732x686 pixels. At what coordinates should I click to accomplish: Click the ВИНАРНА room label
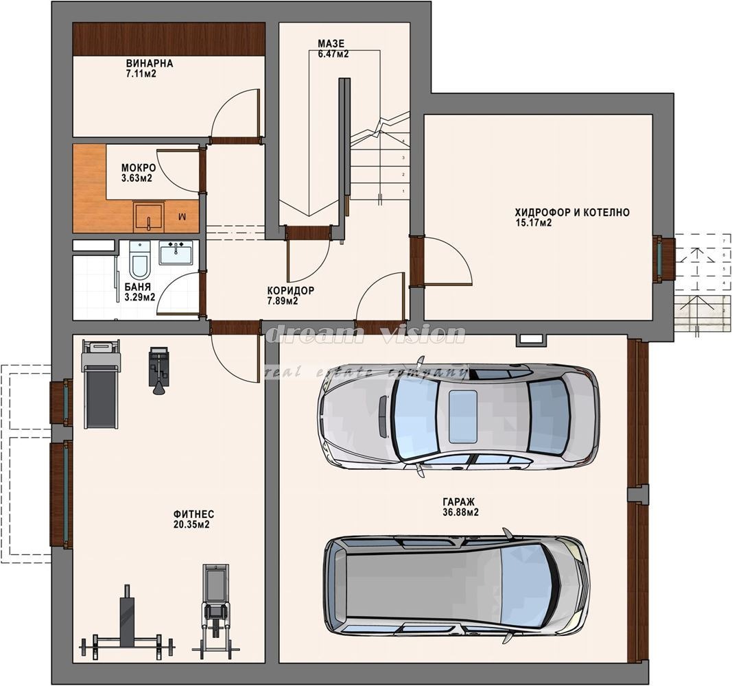[x=150, y=63]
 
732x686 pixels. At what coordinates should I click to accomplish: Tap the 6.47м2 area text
[x=333, y=54]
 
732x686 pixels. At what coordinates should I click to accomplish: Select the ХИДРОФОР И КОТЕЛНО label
[x=572, y=213]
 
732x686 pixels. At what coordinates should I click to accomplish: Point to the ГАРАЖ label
[x=459, y=502]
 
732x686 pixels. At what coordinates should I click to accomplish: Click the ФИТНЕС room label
[x=193, y=514]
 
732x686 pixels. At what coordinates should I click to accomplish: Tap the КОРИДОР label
[x=291, y=290]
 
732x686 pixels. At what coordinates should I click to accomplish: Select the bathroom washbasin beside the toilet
[x=176, y=252]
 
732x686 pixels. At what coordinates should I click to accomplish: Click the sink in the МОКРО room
[x=148, y=217]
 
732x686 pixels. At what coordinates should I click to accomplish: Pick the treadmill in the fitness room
[x=100, y=383]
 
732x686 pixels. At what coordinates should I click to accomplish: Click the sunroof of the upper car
[x=462, y=416]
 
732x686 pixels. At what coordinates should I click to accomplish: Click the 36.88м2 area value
[x=461, y=512]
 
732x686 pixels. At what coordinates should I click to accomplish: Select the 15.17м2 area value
[x=533, y=222]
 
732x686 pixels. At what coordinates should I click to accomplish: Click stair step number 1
[x=403, y=191]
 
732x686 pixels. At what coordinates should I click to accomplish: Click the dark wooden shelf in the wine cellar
[x=169, y=39]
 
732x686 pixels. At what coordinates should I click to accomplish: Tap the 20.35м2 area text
[x=191, y=525]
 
